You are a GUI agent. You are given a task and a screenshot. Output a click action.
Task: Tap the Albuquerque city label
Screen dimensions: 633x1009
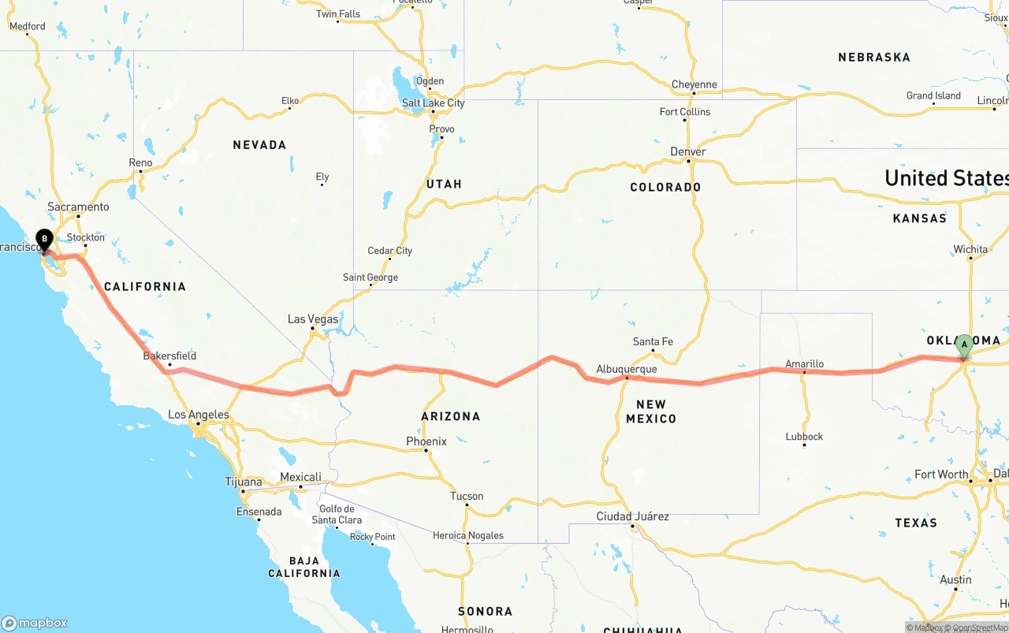coord(626,369)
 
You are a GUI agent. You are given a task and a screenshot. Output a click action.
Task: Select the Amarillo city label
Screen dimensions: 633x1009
coord(804,363)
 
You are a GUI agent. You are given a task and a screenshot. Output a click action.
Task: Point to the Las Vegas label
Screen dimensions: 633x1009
coord(312,319)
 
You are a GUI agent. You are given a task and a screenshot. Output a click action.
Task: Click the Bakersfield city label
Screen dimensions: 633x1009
coord(169,356)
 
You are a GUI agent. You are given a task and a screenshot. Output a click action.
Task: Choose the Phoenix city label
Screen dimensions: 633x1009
coord(426,441)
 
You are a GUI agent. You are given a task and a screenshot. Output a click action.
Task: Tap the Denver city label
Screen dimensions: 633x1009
coord(688,151)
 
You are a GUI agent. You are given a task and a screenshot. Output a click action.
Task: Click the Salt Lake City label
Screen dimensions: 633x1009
coord(433,102)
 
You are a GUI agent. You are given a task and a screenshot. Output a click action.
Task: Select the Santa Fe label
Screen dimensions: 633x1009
coord(653,341)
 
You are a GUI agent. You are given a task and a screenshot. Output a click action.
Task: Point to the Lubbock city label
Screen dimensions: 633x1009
coord(804,436)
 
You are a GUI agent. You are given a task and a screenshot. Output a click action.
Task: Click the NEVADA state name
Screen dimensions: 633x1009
coord(259,145)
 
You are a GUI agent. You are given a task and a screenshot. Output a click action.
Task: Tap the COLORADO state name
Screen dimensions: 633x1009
coord(665,188)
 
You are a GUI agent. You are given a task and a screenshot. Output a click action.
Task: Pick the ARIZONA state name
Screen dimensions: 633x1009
coord(451,416)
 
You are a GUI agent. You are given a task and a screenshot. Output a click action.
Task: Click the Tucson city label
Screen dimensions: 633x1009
coord(467,496)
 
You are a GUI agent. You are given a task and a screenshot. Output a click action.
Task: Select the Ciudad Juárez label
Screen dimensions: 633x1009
coord(632,516)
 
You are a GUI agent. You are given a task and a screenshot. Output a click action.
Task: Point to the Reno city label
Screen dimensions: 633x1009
coord(140,162)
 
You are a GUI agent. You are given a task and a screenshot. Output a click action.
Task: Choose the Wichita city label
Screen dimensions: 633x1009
coord(970,249)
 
